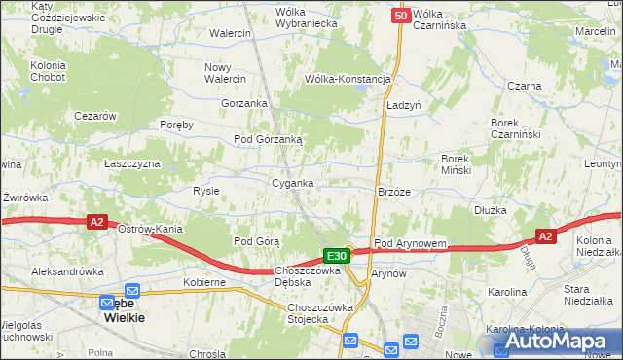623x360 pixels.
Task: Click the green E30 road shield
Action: click(x=337, y=256)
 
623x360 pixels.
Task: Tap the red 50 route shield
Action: click(x=401, y=16)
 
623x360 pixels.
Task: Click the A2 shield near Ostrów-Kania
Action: click(x=96, y=222)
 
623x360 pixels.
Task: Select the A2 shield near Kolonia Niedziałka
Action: click(x=546, y=236)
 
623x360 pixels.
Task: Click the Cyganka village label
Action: click(x=292, y=183)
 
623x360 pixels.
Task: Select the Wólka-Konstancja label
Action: click(x=348, y=79)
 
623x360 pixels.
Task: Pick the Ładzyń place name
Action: click(x=402, y=104)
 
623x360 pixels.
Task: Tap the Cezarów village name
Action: click(x=96, y=116)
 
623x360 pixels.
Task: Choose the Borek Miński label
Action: click(x=457, y=164)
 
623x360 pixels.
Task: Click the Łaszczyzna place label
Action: click(x=131, y=163)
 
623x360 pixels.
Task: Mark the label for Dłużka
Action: click(x=492, y=209)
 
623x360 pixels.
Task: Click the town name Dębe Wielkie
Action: click(x=124, y=309)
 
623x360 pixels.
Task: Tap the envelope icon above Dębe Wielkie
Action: click(x=132, y=290)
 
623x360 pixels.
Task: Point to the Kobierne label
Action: click(x=204, y=282)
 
